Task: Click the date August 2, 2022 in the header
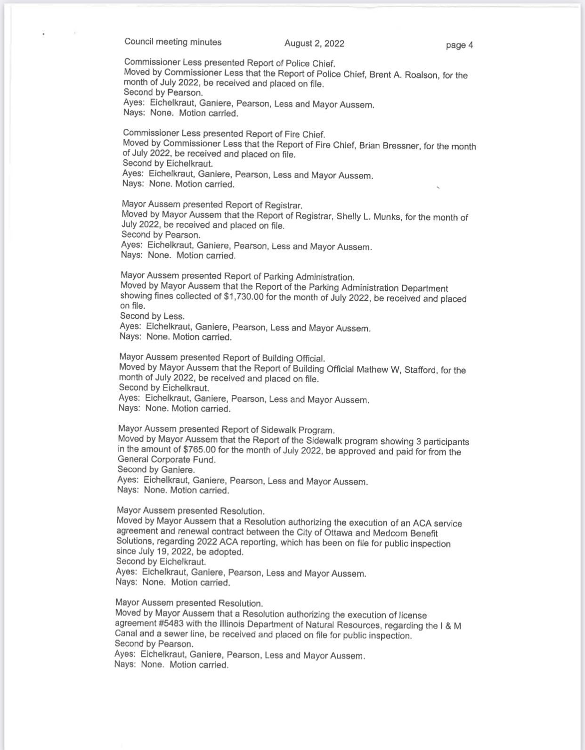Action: [x=314, y=43]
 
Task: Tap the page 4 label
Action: [x=459, y=45]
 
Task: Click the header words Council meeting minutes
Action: [x=173, y=42]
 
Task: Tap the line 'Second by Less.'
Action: [x=152, y=316]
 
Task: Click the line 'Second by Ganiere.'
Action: [x=156, y=470]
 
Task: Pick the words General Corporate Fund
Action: [x=166, y=460]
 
